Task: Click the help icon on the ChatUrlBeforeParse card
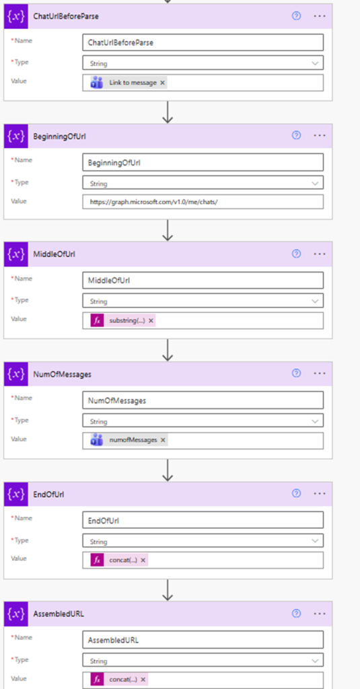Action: pyautogui.click(x=296, y=15)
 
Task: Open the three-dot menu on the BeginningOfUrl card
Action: pyautogui.click(x=319, y=135)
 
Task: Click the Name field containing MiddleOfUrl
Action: pyautogui.click(x=202, y=280)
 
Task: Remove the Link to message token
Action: pyautogui.click(x=163, y=83)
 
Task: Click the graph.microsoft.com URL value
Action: pyautogui.click(x=202, y=202)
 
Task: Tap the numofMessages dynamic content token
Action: pyautogui.click(x=134, y=440)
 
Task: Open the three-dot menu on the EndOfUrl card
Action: pyautogui.click(x=319, y=494)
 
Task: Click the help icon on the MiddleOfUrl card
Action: pyautogui.click(x=296, y=254)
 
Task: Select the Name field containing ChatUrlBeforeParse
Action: pyautogui.click(x=202, y=42)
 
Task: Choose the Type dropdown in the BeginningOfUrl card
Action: pyautogui.click(x=202, y=182)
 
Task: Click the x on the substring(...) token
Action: pyautogui.click(x=151, y=321)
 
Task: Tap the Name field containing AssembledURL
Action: pyautogui.click(x=202, y=639)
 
